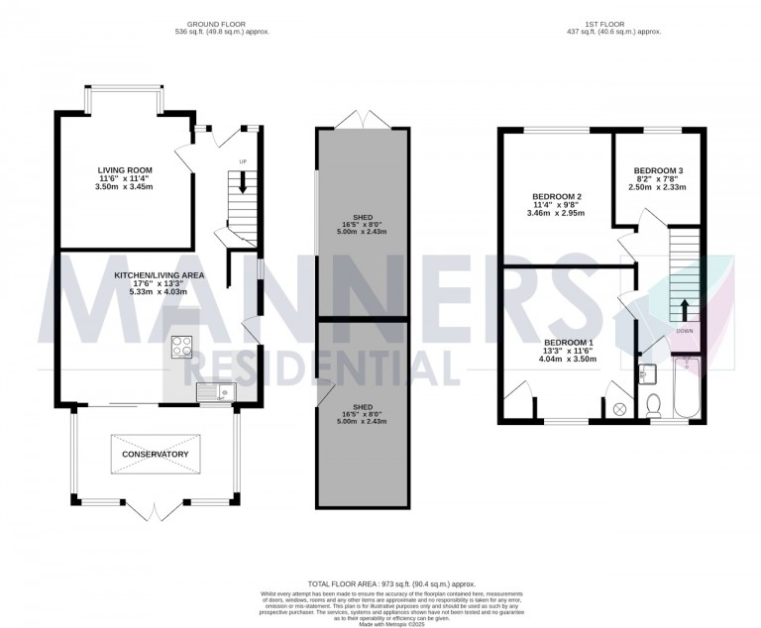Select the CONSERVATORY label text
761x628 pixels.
(x=155, y=454)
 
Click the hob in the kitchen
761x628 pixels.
(x=183, y=347)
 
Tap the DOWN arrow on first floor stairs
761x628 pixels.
(x=683, y=308)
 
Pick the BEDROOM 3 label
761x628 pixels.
(x=659, y=170)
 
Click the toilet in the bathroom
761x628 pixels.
(x=653, y=405)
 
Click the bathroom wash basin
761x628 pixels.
(x=648, y=373)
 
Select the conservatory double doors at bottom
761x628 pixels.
(x=155, y=511)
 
